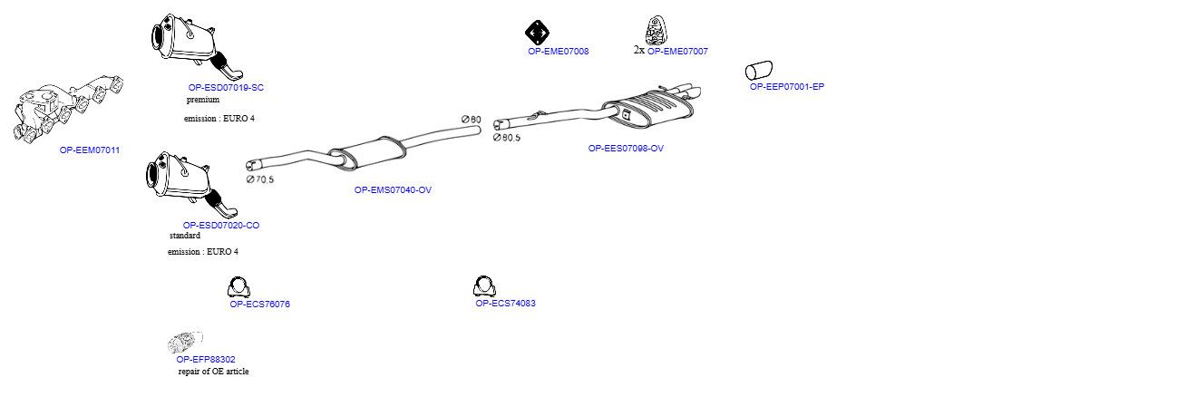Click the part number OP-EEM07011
pyautogui.click(x=90, y=150)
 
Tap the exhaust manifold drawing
pyautogui.click(x=68, y=110)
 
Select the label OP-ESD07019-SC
pyautogui.click(x=226, y=88)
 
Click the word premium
pyautogui.click(x=203, y=100)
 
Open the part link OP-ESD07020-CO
pyautogui.click(x=220, y=226)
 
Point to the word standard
pyautogui.click(x=184, y=236)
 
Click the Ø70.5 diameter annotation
pyautogui.click(x=260, y=179)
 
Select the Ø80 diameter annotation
pyautogui.click(x=472, y=120)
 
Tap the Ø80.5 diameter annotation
pyautogui.click(x=507, y=138)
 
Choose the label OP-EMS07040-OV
pyautogui.click(x=393, y=190)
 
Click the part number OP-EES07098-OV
pyautogui.click(x=626, y=149)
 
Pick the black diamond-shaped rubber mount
pyautogui.click(x=537, y=34)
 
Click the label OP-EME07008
pyautogui.click(x=558, y=52)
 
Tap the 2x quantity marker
pyautogui.click(x=639, y=51)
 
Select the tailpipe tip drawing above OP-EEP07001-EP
pyautogui.click(x=759, y=71)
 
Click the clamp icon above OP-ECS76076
pyautogui.click(x=238, y=286)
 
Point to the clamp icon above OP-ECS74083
pyautogui.click(x=484, y=286)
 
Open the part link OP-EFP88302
pyautogui.click(x=206, y=360)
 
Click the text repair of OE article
pyautogui.click(x=213, y=372)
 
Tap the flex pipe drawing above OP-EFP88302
pyautogui.click(x=185, y=343)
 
